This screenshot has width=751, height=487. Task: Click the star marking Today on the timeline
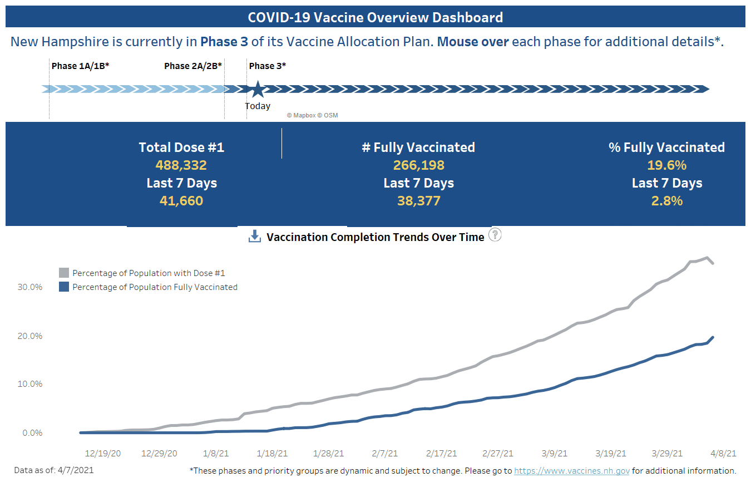(257, 89)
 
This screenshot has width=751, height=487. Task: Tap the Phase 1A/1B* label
(80, 66)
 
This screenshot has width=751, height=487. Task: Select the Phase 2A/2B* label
(193, 66)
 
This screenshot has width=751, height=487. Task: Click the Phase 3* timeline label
(267, 66)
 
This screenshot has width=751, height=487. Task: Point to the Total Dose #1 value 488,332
(181, 165)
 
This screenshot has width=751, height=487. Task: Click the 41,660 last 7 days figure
(181, 201)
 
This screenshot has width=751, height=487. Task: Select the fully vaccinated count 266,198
(418, 165)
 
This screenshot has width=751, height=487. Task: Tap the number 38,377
(418, 201)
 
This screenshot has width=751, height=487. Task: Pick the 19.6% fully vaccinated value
(666, 165)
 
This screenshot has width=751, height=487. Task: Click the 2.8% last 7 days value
(666, 201)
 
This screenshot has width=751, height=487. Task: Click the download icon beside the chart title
(254, 237)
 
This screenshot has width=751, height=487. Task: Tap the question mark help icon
(495, 235)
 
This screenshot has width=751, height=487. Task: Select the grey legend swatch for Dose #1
(64, 273)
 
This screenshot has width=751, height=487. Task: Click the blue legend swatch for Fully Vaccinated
(64, 287)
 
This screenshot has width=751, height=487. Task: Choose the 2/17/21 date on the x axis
(441, 454)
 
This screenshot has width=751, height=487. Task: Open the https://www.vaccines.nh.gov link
(571, 471)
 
